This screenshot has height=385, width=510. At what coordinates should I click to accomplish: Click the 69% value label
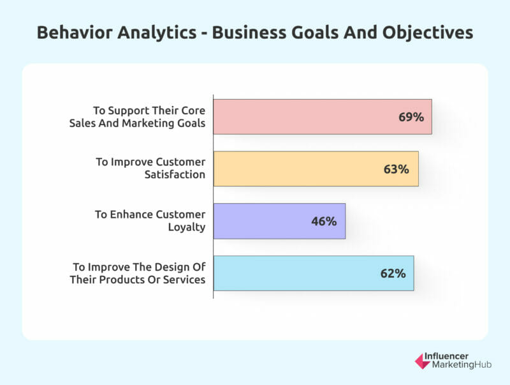pos(411,117)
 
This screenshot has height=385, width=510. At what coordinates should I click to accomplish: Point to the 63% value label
pos(396,169)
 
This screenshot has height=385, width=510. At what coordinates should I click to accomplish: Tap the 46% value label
pos(324,222)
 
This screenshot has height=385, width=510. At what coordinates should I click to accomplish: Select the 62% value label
pos(393,273)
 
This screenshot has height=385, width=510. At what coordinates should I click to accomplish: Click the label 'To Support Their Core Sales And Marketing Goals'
pos(137,117)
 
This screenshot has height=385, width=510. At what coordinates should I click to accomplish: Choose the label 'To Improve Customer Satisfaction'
pos(150,168)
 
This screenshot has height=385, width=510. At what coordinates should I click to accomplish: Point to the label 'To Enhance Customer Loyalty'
pos(150,220)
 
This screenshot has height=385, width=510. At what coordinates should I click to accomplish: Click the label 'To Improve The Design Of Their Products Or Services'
pos(139,273)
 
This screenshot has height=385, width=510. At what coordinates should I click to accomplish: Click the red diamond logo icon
pos(422,361)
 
